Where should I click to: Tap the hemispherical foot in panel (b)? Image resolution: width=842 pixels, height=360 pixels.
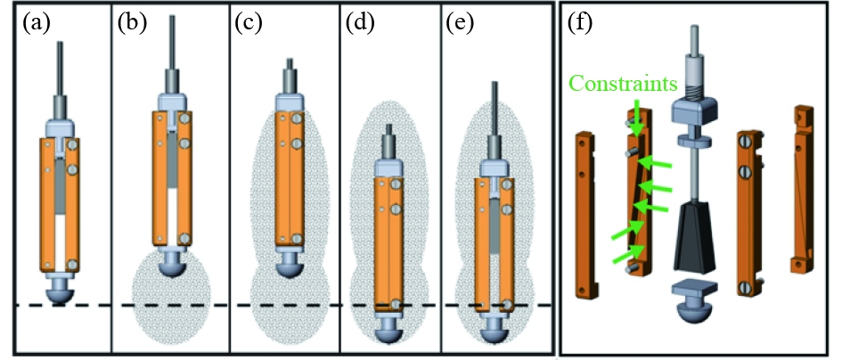pyautogui.click(x=171, y=266)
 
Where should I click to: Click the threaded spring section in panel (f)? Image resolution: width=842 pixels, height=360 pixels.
pyautogui.click(x=692, y=86)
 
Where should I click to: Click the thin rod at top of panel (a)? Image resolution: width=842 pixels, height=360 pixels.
pyautogui.click(x=61, y=67)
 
